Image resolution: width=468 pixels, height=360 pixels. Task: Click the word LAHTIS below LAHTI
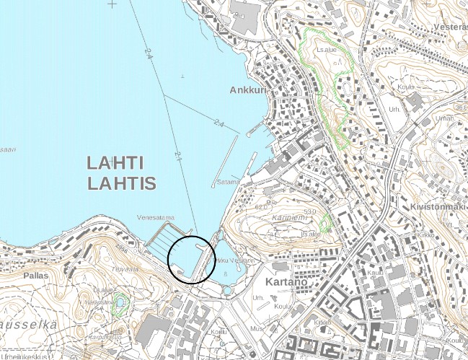tap(122, 183)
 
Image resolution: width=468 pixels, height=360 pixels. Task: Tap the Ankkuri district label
tap(247, 91)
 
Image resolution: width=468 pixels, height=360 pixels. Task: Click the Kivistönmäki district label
tap(437, 207)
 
